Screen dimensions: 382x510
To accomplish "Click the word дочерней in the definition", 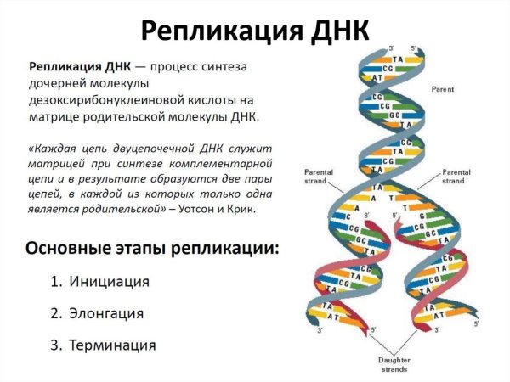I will click(x=61, y=82).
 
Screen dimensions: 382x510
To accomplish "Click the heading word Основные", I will click(x=69, y=250).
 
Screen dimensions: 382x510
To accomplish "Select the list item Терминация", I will click(x=114, y=345).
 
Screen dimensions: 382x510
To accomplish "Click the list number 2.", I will click(x=54, y=313).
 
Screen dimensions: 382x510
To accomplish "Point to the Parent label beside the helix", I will click(x=443, y=88).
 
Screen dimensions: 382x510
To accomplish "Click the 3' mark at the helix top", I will click(x=390, y=48).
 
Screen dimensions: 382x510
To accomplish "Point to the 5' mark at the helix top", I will click(x=415, y=48).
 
